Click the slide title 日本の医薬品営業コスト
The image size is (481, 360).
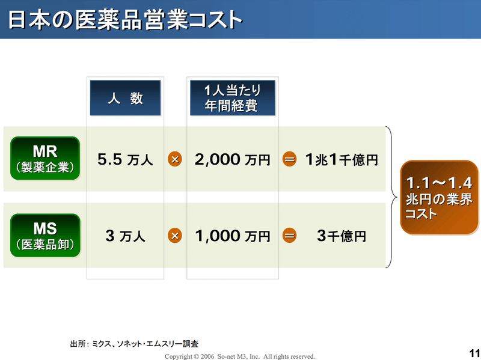tap(125, 20)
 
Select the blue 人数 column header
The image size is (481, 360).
tap(125, 98)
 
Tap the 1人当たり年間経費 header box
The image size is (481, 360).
tap(233, 98)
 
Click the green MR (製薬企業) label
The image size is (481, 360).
tap(45, 158)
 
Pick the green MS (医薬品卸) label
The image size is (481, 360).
tap(45, 236)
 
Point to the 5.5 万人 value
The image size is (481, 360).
tap(125, 159)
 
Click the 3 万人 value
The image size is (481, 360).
tap(125, 236)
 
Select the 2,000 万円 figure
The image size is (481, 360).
tap(233, 159)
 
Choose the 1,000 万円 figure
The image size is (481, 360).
tap(233, 236)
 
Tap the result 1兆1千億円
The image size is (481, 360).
tap(342, 159)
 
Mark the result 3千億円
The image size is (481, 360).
tap(342, 236)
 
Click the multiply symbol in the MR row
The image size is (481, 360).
tap(175, 159)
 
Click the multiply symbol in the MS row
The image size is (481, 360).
tap(175, 236)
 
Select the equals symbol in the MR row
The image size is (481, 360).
tap(289, 159)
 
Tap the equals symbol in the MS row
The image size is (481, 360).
tap(289, 236)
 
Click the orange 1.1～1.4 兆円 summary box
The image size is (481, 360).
tap(440, 198)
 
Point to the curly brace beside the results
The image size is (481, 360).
tap(394, 197)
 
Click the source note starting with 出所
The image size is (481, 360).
tap(134, 344)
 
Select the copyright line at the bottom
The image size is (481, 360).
tap(240, 356)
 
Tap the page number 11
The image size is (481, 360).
tap(474, 353)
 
